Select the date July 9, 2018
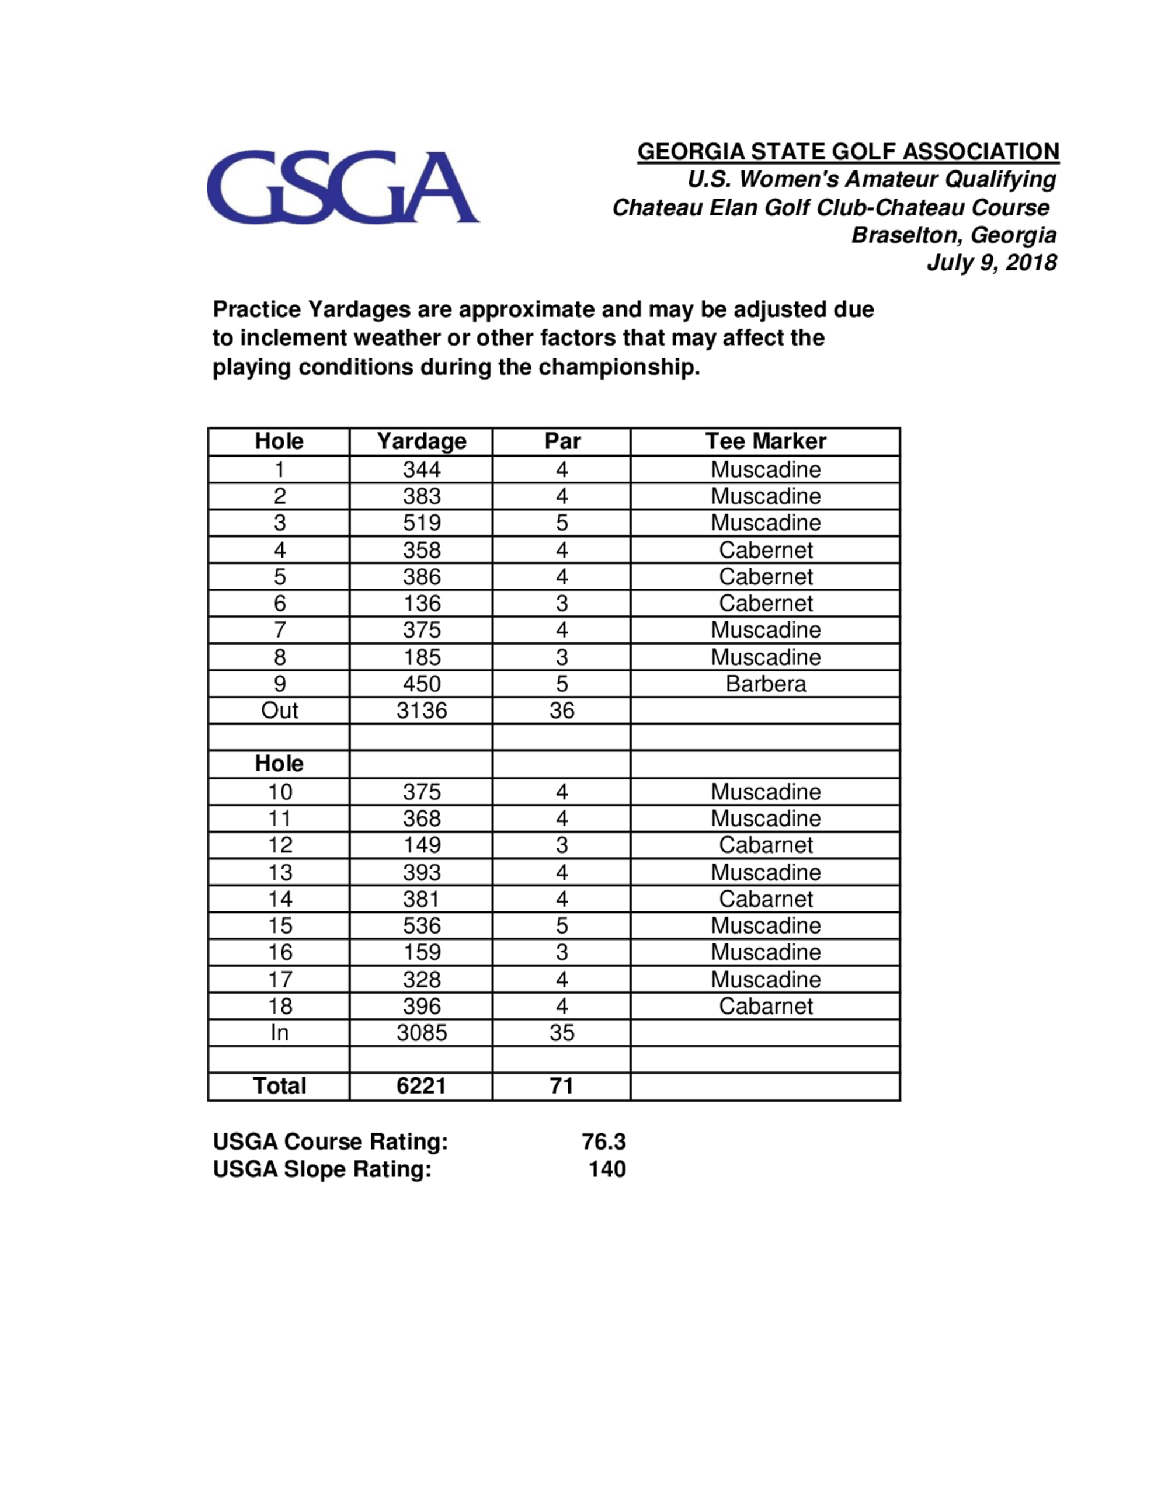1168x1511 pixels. pyautogui.click(x=991, y=263)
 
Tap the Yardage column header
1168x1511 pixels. pyautogui.click(x=422, y=441)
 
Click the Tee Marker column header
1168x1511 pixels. pyautogui.click(x=765, y=441)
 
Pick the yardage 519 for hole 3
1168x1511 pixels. pyautogui.click(x=422, y=523)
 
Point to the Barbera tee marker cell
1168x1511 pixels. pyautogui.click(x=765, y=684)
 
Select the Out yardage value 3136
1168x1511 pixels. pyautogui.click(x=422, y=711)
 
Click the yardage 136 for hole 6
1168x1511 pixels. pyautogui.click(x=422, y=603)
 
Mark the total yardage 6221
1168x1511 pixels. pyautogui.click(x=422, y=1086)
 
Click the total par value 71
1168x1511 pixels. pyautogui.click(x=561, y=1086)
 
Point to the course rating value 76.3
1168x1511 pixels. pyautogui.click(x=603, y=1141)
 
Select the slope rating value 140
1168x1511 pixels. pyautogui.click(x=607, y=1169)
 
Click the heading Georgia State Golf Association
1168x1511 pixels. pyautogui.click(x=847, y=152)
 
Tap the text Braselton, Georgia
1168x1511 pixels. pyautogui.click(x=954, y=235)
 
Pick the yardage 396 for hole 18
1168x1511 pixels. pyautogui.click(x=422, y=1007)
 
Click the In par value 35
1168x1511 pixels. pyautogui.click(x=561, y=1033)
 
